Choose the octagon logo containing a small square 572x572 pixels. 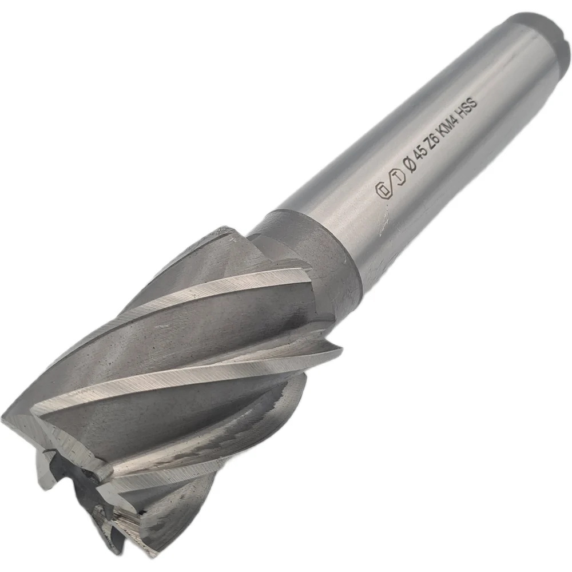(382, 190)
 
